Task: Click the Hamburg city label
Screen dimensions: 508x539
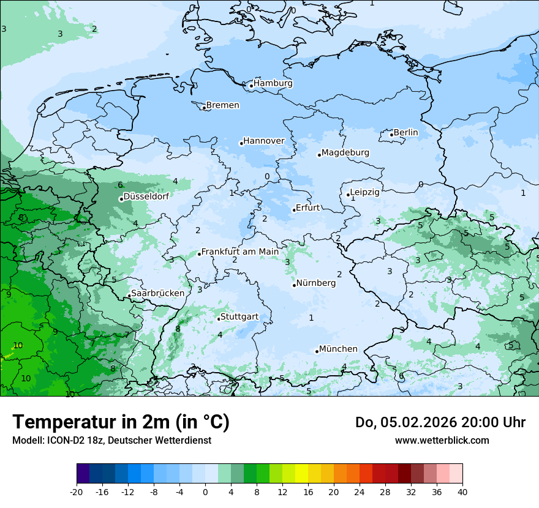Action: pyautogui.click(x=273, y=83)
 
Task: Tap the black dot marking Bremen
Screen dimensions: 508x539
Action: pyautogui.click(x=204, y=108)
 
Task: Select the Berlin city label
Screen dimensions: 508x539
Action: pyautogui.click(x=405, y=132)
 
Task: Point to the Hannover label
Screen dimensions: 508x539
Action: pyautogui.click(x=263, y=141)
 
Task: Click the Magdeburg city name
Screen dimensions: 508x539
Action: pyautogui.click(x=345, y=152)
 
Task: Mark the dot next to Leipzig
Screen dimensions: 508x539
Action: pyautogui.click(x=348, y=195)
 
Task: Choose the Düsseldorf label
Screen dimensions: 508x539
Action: pyautogui.click(x=146, y=196)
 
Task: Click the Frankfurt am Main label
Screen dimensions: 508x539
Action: pyautogui.click(x=239, y=252)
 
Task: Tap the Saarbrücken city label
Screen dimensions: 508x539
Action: pyautogui.click(x=157, y=293)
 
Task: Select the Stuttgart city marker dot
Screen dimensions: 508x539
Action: pyautogui.click(x=219, y=319)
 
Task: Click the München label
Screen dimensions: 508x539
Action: pyautogui.click(x=338, y=349)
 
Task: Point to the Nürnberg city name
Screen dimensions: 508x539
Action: pyautogui.click(x=315, y=283)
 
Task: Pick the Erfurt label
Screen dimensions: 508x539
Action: pyautogui.click(x=307, y=207)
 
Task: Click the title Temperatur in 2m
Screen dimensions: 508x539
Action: pyautogui.click(x=121, y=422)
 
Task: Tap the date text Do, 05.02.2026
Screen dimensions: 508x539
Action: pyautogui.click(x=407, y=422)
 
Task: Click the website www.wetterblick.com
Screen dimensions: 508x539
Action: pyautogui.click(x=442, y=440)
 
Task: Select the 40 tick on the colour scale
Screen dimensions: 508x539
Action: pyautogui.click(x=462, y=491)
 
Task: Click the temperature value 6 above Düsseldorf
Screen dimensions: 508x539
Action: pyautogui.click(x=121, y=185)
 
